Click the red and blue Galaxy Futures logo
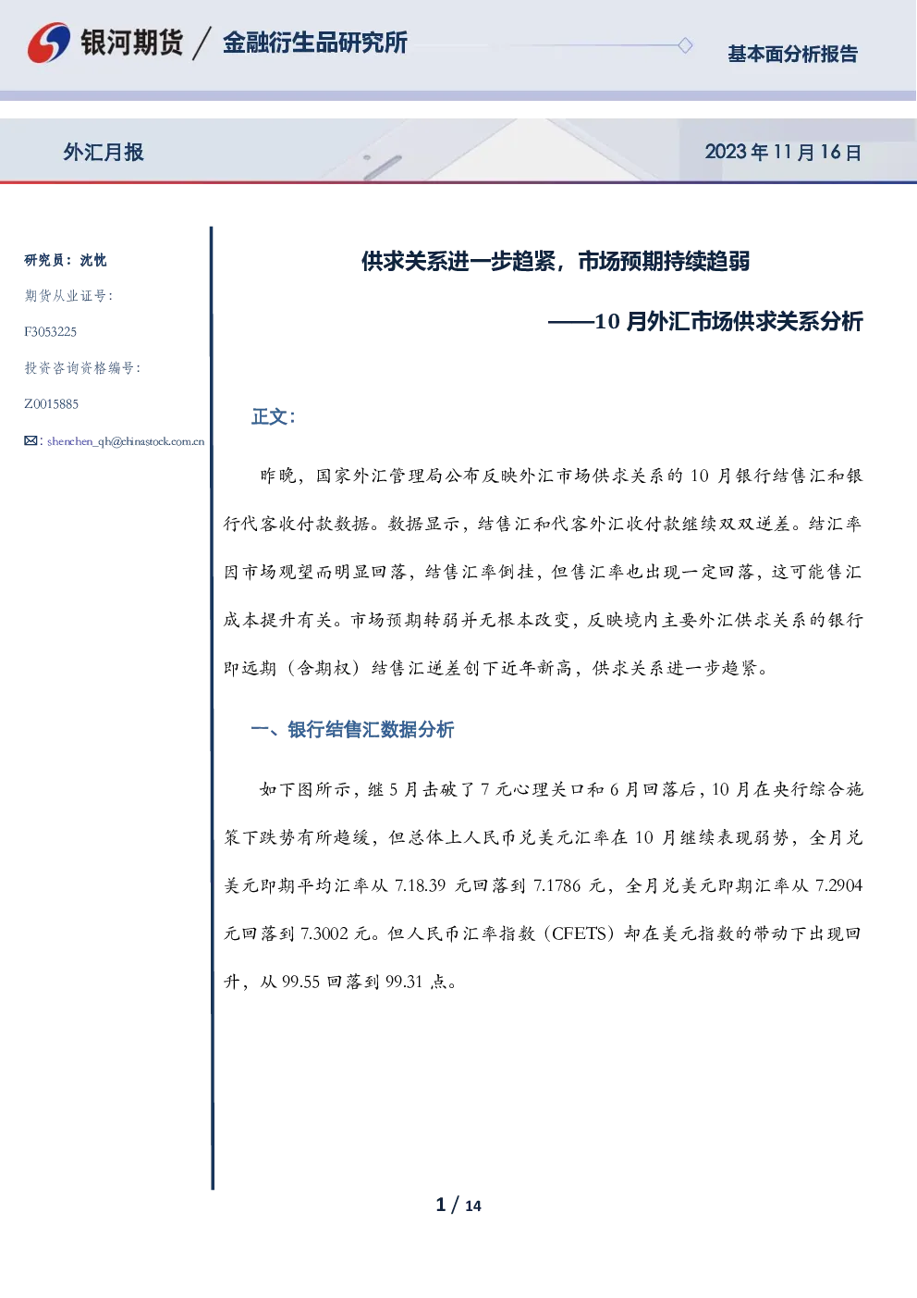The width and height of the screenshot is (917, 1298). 49,43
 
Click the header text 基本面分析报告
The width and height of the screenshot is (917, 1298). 792,54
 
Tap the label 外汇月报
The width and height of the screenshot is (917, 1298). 104,152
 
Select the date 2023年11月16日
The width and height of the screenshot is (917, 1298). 783,152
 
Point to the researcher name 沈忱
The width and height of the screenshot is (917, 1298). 93,260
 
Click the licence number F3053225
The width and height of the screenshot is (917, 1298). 50,331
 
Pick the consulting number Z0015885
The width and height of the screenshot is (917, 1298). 51,404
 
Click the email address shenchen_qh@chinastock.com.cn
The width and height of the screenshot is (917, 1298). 126,441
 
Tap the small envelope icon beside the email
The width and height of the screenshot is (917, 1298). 31,440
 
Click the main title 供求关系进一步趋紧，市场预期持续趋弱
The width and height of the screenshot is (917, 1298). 556,261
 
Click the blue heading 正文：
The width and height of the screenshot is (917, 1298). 274,416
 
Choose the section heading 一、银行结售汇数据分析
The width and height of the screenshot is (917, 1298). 352,730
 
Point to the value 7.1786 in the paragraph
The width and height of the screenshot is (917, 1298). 556,884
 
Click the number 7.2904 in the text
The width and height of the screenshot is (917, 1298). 838,884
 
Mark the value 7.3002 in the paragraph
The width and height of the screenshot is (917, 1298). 324,933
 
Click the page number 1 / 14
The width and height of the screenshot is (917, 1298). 458,1205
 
